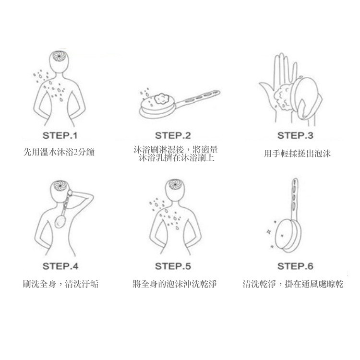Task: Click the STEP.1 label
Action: (x=60, y=135)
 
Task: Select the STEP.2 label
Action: (x=173, y=135)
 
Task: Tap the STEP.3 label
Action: (x=295, y=135)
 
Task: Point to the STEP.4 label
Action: (x=60, y=266)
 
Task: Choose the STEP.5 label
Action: (x=173, y=266)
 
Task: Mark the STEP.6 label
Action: (x=295, y=266)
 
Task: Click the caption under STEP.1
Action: (x=59, y=152)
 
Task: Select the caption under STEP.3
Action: (x=297, y=154)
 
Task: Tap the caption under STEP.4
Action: (x=60, y=284)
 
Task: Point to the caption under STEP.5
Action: (x=175, y=284)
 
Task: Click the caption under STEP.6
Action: (x=293, y=284)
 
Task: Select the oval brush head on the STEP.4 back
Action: (x=60, y=221)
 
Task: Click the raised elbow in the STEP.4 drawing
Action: (x=91, y=196)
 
